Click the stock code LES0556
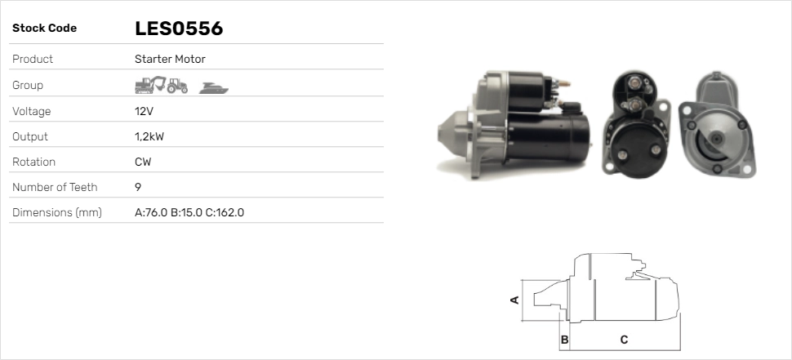click(179, 29)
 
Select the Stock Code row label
click(44, 29)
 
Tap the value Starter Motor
click(170, 59)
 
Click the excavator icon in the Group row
click(149, 85)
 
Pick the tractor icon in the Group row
click(176, 85)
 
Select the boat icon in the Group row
click(214, 87)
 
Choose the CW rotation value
click(143, 162)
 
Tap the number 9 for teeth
click(138, 187)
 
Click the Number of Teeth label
click(55, 187)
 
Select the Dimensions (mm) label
click(56, 212)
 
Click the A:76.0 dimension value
click(150, 212)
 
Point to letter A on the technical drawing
click(514, 300)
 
